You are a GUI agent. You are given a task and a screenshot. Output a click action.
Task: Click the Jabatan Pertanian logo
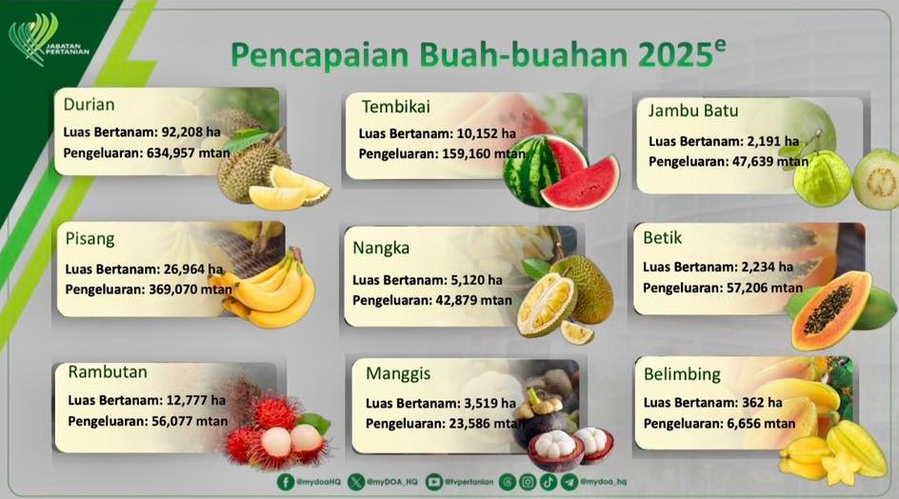click(49, 40)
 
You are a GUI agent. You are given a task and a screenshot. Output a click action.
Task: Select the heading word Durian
click(89, 105)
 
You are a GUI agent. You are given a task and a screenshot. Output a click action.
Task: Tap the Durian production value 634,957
click(170, 153)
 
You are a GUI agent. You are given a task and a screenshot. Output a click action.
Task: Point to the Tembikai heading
click(395, 107)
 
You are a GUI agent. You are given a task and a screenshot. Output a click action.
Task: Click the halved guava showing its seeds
click(876, 179)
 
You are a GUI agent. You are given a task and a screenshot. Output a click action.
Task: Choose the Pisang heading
click(90, 239)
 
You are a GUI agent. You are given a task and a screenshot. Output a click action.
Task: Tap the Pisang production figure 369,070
click(172, 289)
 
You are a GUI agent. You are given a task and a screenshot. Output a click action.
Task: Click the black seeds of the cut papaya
click(828, 309)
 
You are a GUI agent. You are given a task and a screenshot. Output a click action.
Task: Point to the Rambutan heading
click(108, 371)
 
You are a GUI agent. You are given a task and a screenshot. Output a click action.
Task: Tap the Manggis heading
click(398, 374)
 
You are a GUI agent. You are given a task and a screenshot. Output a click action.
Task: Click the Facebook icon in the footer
click(285, 482)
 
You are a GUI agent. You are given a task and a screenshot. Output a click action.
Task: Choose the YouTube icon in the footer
click(434, 483)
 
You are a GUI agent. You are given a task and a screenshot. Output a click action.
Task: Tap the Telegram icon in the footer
click(569, 482)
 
